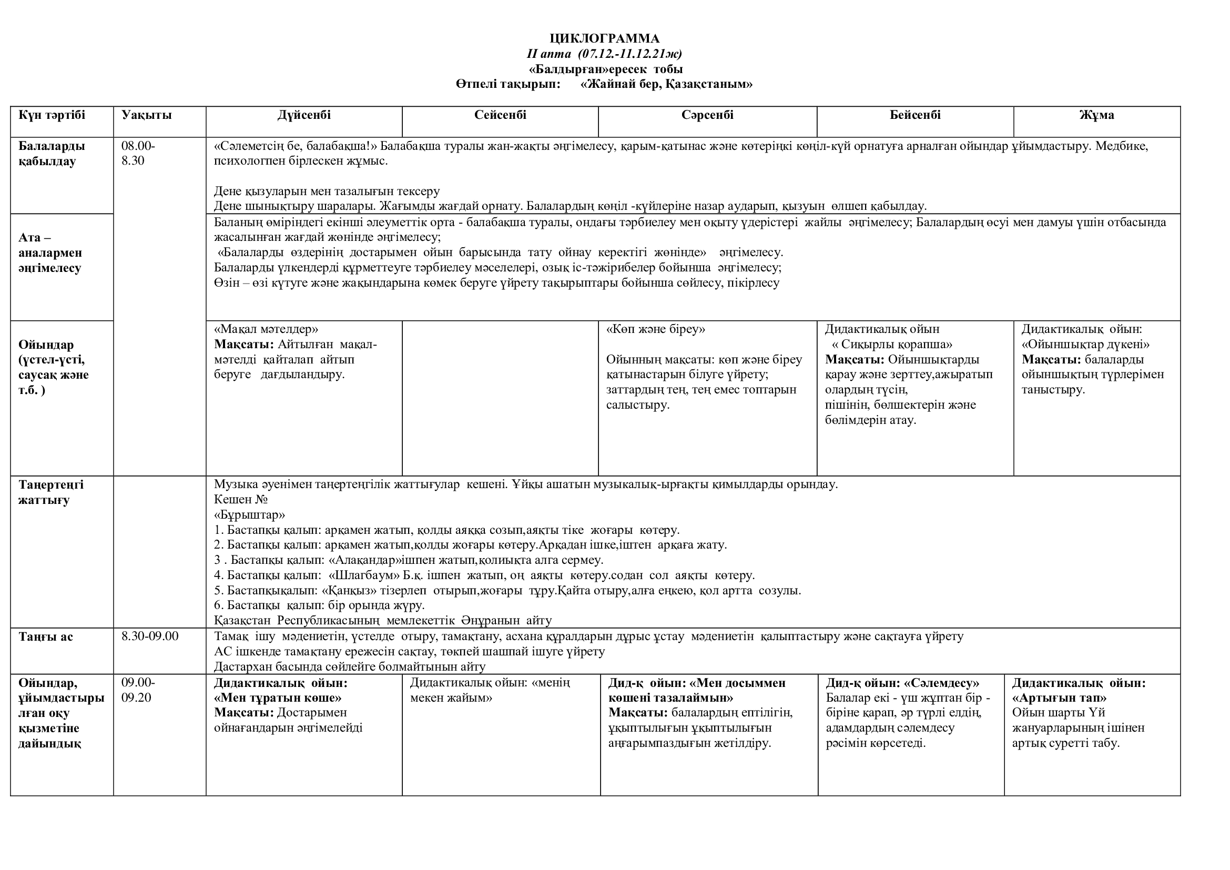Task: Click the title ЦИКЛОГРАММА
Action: coord(604,38)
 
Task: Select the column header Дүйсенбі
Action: coord(304,115)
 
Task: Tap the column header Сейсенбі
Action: coord(500,115)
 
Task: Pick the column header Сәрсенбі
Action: coord(707,115)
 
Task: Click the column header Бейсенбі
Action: coord(915,115)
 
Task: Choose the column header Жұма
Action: coord(1096,115)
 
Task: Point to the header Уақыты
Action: coord(146,115)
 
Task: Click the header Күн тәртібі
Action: coord(52,115)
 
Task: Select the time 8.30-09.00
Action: coord(150,636)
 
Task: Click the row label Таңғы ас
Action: coord(46,637)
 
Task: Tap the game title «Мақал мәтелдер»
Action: coord(266,329)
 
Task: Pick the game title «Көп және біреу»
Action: coord(655,329)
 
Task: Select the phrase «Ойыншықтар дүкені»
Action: coord(1085,345)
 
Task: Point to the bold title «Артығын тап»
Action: coord(1059,698)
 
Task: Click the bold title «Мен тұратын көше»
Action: coord(278,698)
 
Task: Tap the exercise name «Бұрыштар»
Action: coord(249,515)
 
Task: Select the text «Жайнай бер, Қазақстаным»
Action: coord(666,84)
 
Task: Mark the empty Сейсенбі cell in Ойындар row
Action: coord(500,398)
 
